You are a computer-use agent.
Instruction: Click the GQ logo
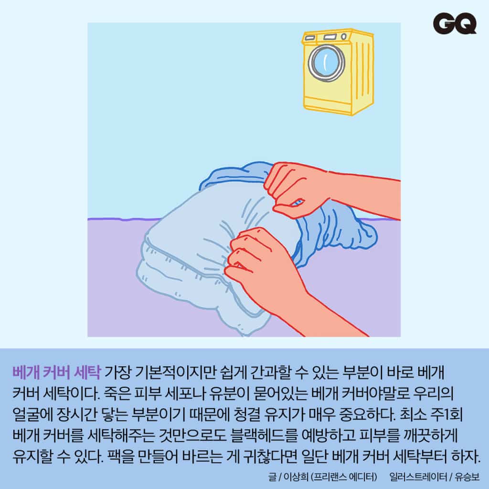[455, 23]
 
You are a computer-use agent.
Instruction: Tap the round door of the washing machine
[326, 63]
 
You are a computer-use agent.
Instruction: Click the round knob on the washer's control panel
[344, 36]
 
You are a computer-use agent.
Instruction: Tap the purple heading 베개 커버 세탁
[56, 372]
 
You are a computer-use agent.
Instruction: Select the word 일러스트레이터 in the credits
[418, 477]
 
